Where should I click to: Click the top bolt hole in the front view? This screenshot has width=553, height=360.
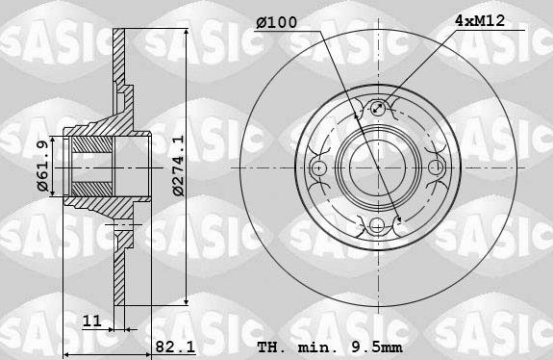(379, 108)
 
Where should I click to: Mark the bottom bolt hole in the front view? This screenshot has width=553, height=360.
(379, 225)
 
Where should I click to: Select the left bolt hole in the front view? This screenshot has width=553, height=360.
(320, 167)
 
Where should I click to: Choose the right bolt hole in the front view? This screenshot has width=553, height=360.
(438, 167)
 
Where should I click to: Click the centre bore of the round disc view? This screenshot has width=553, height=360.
(379, 167)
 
